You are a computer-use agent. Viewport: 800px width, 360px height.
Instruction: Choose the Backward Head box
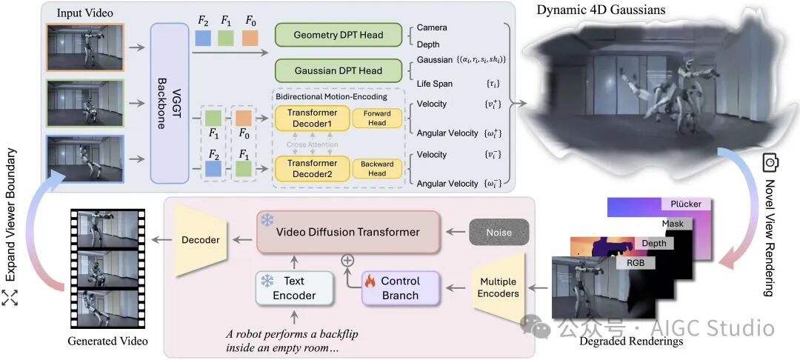click(377, 169)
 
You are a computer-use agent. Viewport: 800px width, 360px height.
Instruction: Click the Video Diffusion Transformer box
click(348, 232)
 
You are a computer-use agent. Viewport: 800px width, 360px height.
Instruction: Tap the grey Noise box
click(501, 233)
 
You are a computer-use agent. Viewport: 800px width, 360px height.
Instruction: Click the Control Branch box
click(399, 287)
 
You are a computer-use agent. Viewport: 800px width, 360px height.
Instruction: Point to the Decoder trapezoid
click(201, 240)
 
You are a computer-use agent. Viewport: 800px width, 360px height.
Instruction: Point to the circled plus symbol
click(345, 260)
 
